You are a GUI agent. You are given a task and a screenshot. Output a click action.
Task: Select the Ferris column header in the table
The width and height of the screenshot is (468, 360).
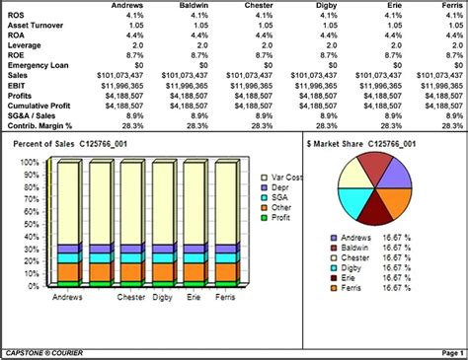tap(445, 6)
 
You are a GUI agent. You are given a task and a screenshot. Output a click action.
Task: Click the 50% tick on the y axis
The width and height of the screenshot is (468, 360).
tap(36, 222)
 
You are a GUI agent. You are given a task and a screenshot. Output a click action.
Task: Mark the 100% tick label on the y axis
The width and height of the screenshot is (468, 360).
tap(34, 160)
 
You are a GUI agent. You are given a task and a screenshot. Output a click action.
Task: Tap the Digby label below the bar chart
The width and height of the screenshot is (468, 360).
tap(164, 296)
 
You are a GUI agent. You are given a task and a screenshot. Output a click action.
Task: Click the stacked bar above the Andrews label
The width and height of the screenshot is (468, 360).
tap(68, 222)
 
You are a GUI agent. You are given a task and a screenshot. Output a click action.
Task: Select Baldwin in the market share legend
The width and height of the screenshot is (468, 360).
tap(352, 248)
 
